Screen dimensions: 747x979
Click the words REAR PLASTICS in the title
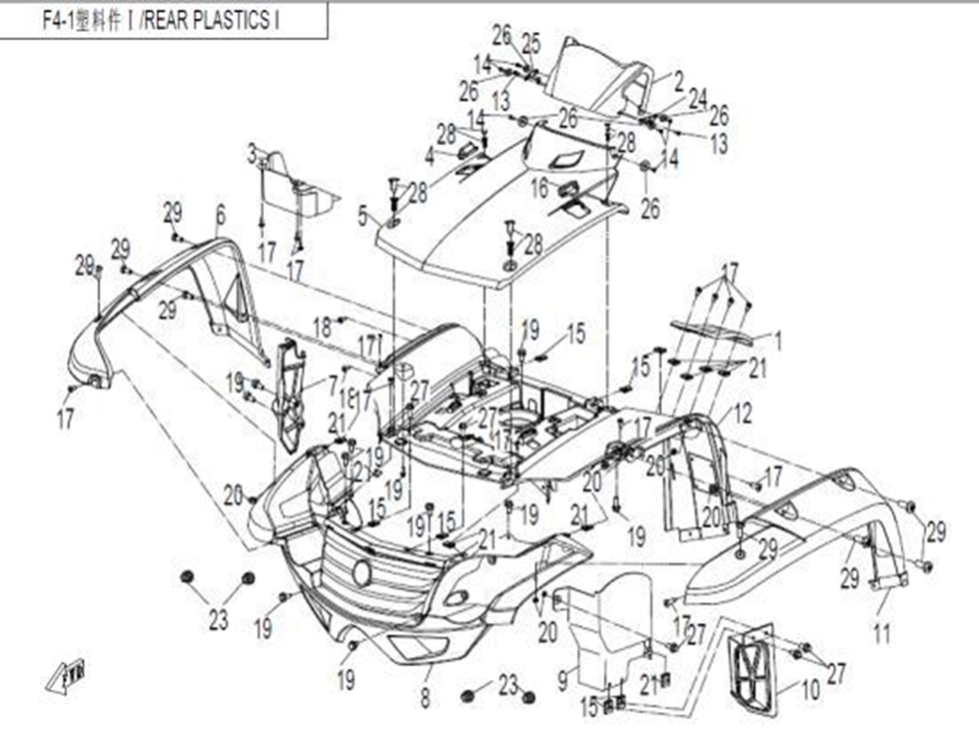(x=211, y=20)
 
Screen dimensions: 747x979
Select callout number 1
(x=779, y=343)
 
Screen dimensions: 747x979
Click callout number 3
(x=253, y=154)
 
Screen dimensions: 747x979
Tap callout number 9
(x=562, y=681)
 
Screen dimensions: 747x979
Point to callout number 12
(x=743, y=412)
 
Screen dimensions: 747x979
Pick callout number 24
(x=697, y=97)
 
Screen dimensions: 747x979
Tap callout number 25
(x=530, y=43)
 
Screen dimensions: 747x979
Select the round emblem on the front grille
(x=361, y=572)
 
